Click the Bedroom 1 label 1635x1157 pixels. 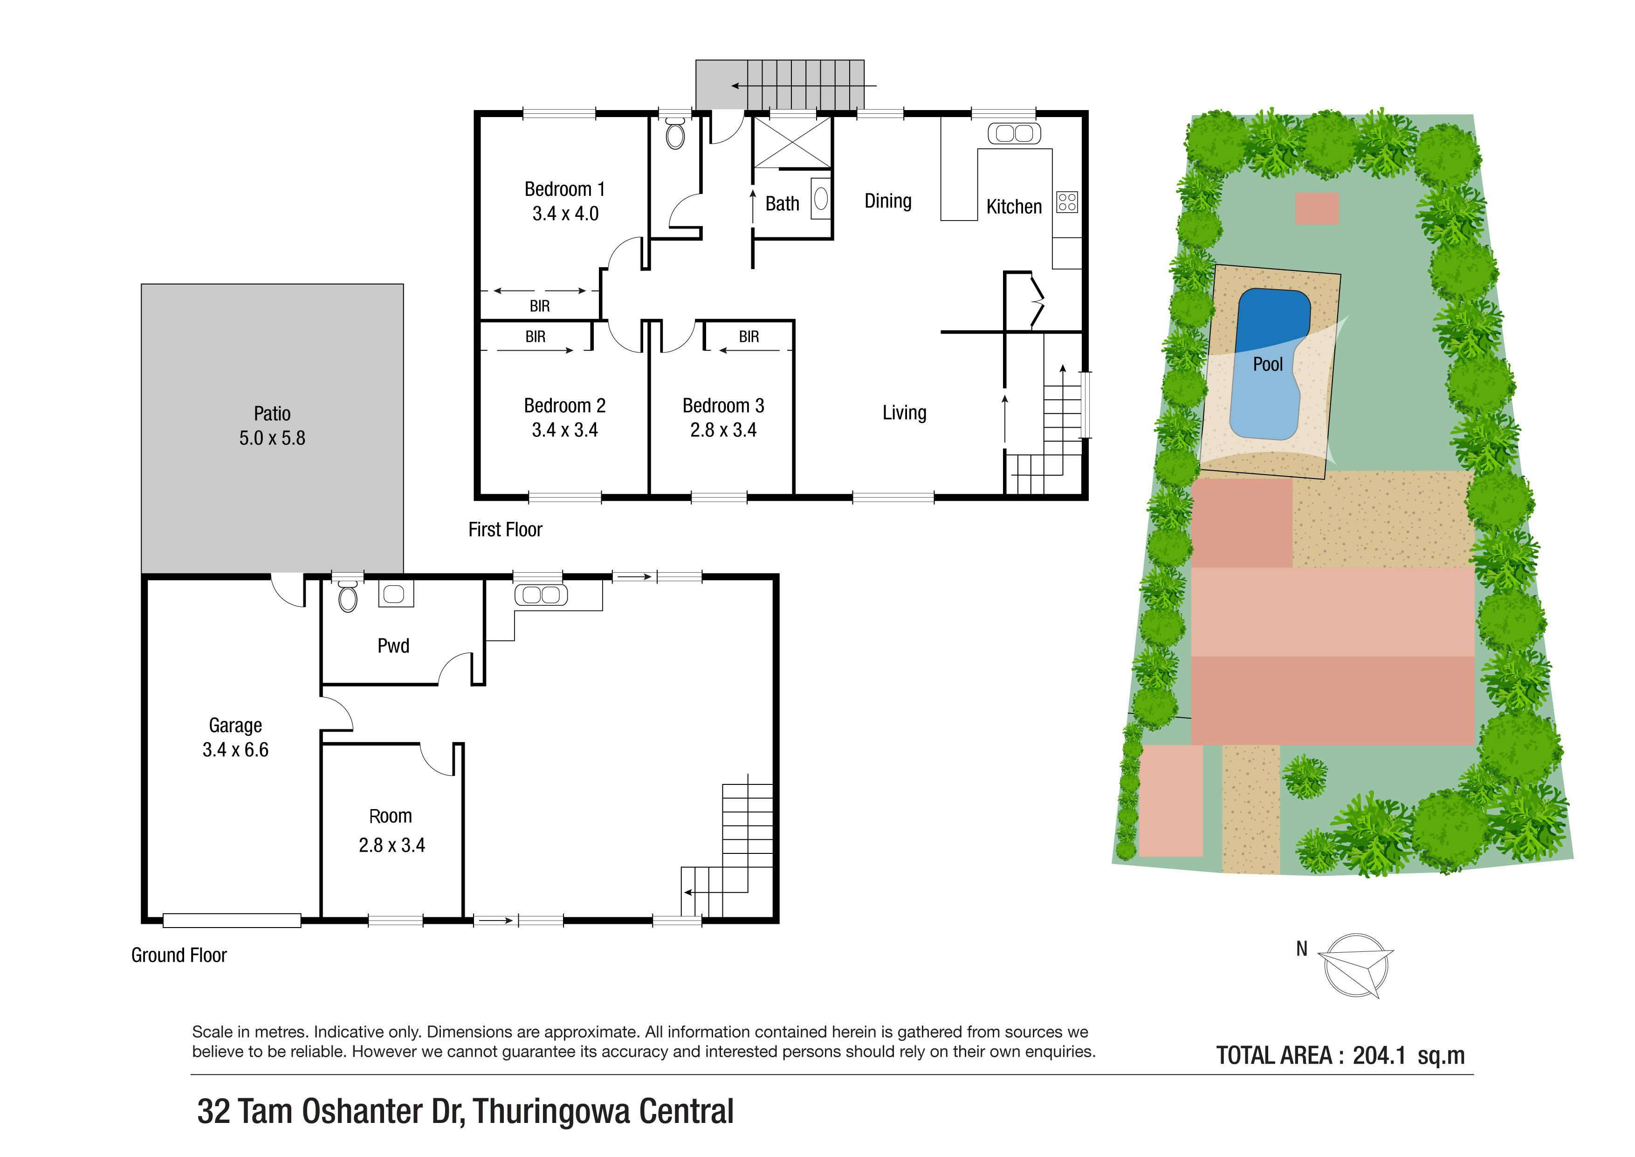pyautogui.click(x=565, y=189)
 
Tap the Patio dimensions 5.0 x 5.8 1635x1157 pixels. pyautogui.click(x=272, y=438)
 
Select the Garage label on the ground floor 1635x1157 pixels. pyautogui.click(x=236, y=725)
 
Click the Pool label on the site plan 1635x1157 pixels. pyautogui.click(x=1268, y=364)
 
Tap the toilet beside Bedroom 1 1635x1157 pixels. pyautogui.click(x=675, y=133)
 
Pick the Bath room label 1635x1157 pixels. pyautogui.click(x=782, y=204)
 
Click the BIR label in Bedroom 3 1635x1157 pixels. pyautogui.click(x=749, y=336)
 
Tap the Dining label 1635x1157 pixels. pyautogui.click(x=888, y=201)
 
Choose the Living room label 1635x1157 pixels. pyautogui.click(x=904, y=413)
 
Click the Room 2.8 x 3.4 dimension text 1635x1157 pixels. pyautogui.click(x=392, y=845)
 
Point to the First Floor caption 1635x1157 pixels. pyautogui.click(x=505, y=529)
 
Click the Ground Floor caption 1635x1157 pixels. pyautogui.click(x=179, y=956)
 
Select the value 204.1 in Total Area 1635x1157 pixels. pyautogui.click(x=1379, y=1055)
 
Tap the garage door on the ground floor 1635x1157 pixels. pyautogui.click(x=232, y=921)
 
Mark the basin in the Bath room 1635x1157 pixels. pyautogui.click(x=821, y=198)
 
